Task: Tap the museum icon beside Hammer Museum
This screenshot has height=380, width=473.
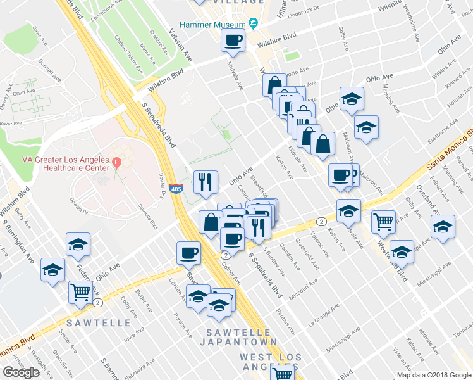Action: [x=254, y=24]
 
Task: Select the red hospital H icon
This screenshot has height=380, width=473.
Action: [x=116, y=163]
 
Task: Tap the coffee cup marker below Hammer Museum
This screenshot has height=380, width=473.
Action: [x=233, y=41]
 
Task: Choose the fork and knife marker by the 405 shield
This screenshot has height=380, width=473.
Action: [x=205, y=182]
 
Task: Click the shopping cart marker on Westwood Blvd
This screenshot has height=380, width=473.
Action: [x=383, y=222]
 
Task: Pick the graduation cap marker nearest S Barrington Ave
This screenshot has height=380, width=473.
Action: [x=53, y=270]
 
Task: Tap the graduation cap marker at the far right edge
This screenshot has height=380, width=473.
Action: [x=443, y=227]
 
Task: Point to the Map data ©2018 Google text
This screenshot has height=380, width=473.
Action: [x=434, y=375]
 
